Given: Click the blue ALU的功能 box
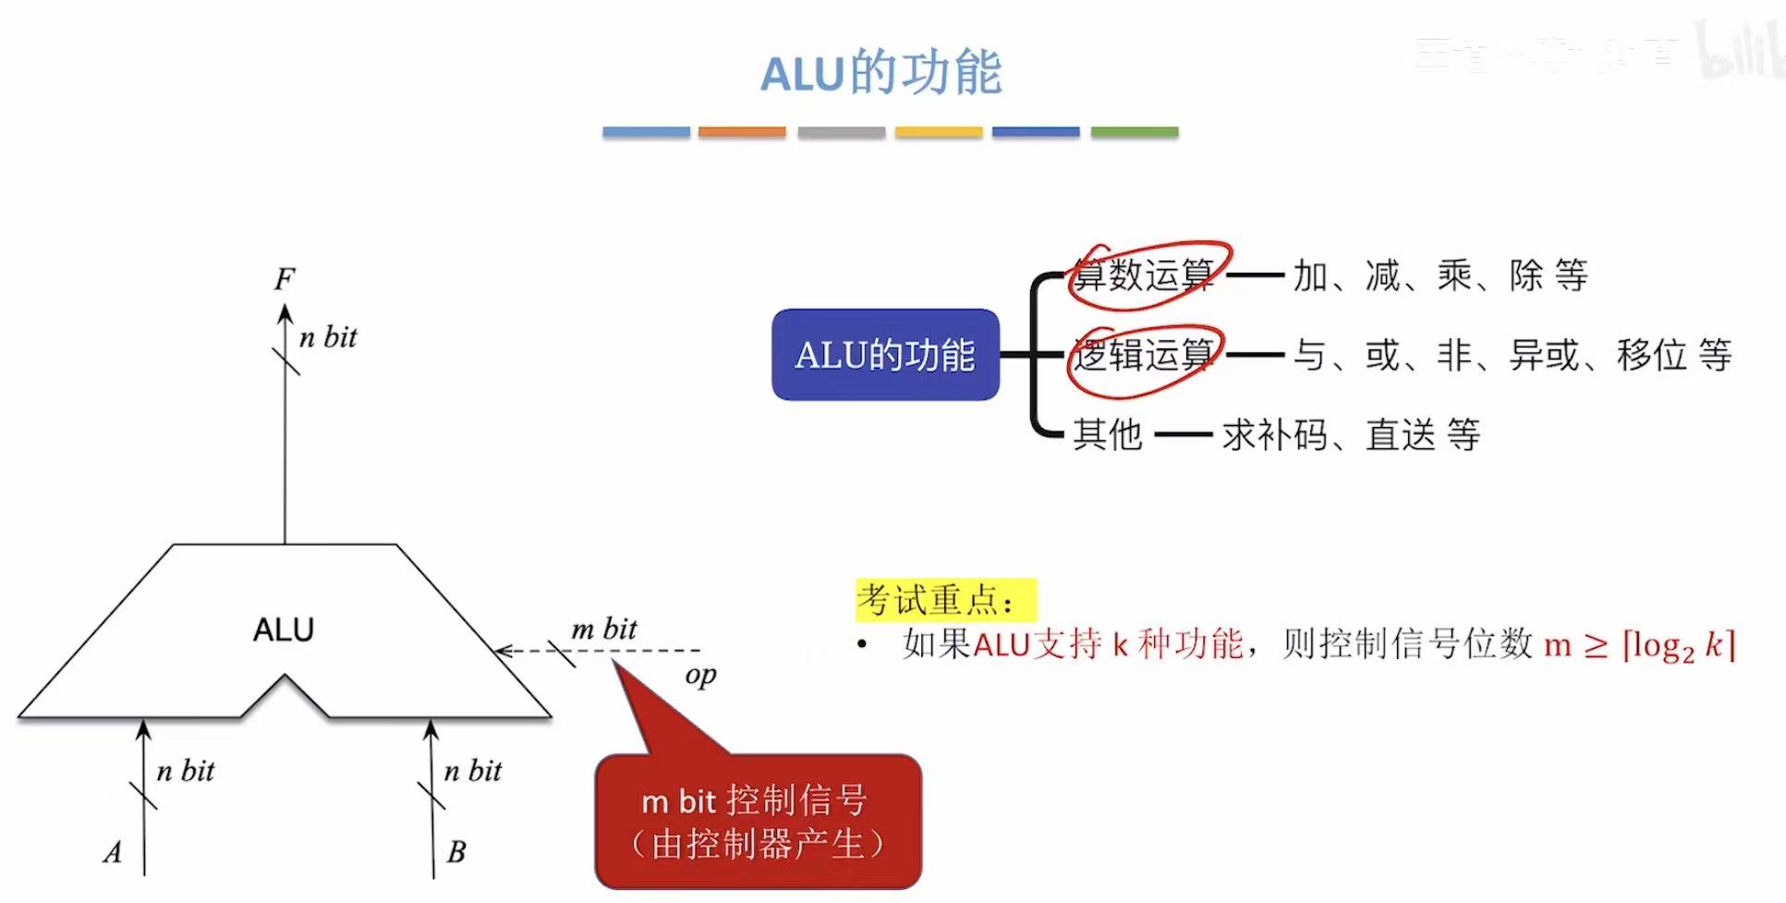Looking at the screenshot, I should pos(885,355).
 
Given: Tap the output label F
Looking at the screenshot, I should pos(285,278).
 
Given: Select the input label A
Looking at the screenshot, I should pos(113,851).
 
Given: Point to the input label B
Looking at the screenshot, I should pos(456,851).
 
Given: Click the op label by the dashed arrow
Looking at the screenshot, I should pos(700,676).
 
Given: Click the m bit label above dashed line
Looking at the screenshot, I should pos(604,628).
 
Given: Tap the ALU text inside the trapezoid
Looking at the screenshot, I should pos(284,629).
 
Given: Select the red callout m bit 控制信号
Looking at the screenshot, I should pos(758,821).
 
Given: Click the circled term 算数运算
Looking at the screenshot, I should pos(1145,275).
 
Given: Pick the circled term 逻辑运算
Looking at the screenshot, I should pos(1144,355).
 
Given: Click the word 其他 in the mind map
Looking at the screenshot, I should pos(1107,434).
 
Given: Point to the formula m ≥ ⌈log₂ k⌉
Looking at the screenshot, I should pos(1640,644).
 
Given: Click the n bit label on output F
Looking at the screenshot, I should pos(328,337).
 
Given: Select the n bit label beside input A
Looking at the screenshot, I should pos(186,771).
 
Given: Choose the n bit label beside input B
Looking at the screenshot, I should pos(473,771).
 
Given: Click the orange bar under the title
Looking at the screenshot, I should pos(742,132).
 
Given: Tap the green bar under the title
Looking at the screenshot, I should pos(1134,132).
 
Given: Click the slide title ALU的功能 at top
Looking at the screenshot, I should pos(881,73).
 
